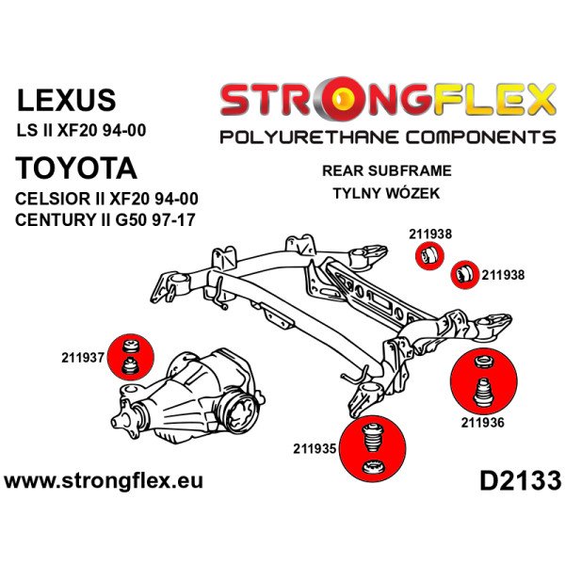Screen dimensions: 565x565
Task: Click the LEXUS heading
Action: (x=68, y=100)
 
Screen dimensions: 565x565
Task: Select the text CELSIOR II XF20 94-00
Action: (x=107, y=201)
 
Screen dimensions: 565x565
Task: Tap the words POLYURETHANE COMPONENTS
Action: (x=387, y=138)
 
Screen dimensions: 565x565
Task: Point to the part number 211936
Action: (x=482, y=422)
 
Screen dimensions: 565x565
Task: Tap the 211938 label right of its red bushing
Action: (x=503, y=276)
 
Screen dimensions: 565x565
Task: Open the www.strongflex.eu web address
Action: (x=104, y=481)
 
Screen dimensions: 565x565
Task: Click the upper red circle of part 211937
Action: (x=131, y=347)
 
